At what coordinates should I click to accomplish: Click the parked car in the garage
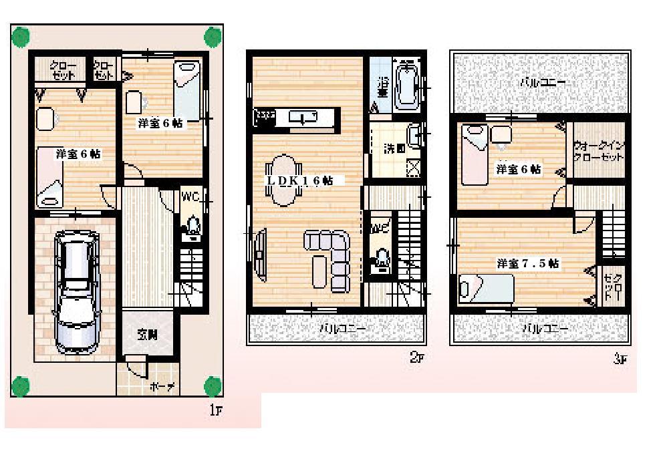[x=75, y=289]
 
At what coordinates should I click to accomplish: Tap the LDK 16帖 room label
[x=301, y=180]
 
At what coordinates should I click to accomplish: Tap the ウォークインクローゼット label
[x=599, y=152]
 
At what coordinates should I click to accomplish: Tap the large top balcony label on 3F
[x=543, y=83]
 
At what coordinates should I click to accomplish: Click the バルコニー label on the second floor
[x=342, y=329]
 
